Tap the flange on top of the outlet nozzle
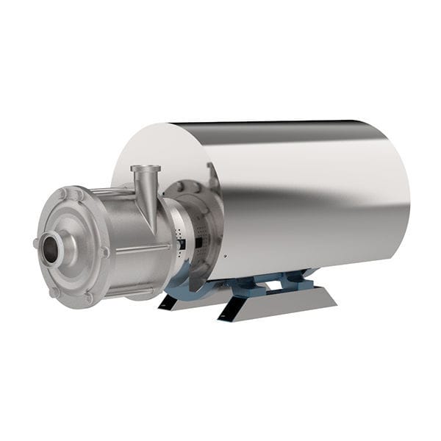pyautogui.click(x=146, y=169)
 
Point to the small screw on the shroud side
pyautogui.click(x=226, y=257)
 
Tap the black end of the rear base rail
pyautogui.click(x=165, y=301)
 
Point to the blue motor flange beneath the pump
pyautogui.click(x=180, y=280)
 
